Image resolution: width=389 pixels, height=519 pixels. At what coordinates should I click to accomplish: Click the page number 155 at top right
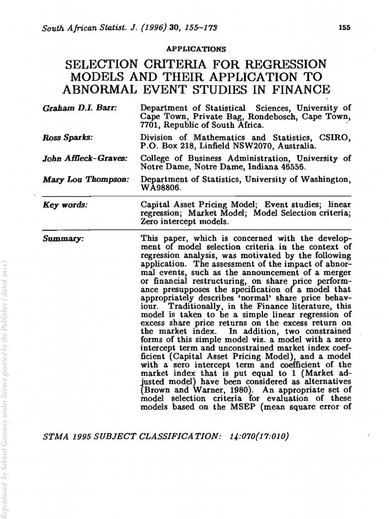pos(344,28)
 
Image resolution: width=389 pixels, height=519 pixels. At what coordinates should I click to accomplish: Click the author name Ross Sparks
pos(59,137)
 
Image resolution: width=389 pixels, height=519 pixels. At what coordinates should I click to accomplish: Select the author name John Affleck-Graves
pos(77,158)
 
